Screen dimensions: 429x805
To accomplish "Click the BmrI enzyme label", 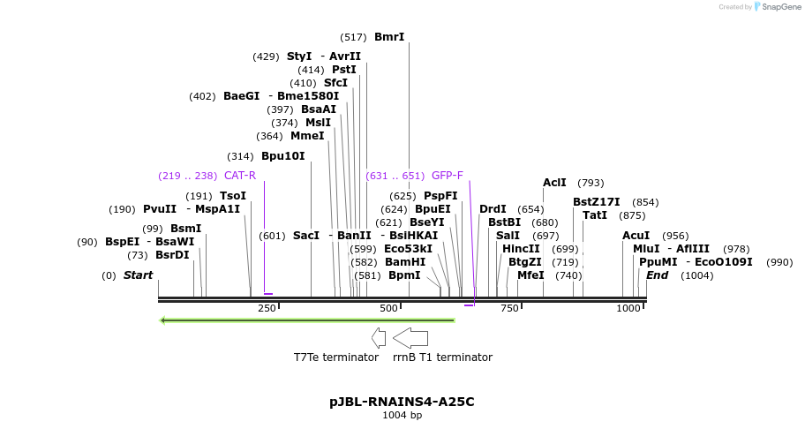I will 389,37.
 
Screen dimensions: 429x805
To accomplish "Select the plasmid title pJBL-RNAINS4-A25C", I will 402,402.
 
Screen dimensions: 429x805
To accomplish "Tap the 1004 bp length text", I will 402,415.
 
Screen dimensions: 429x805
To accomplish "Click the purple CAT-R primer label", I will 240,176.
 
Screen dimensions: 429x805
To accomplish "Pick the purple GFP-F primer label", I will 448,176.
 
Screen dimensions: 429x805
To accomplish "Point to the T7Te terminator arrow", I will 379,337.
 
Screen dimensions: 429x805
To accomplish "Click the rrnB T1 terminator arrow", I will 410,337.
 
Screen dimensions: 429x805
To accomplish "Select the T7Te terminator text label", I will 336,357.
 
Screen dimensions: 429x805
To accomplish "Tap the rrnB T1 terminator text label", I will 442,357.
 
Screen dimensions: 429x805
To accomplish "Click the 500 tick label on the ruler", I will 388,308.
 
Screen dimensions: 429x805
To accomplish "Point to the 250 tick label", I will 267,308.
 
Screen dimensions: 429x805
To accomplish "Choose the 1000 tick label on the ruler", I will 628,308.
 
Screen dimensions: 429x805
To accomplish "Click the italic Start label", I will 138,275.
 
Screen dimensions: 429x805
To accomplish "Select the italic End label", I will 657,275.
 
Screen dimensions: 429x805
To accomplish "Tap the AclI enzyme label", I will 554,183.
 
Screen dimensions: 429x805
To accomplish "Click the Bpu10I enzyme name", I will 282,156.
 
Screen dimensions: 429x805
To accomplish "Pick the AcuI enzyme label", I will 636,236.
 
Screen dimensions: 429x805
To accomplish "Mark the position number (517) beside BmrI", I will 353,37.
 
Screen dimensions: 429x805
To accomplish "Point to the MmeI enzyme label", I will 307,136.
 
